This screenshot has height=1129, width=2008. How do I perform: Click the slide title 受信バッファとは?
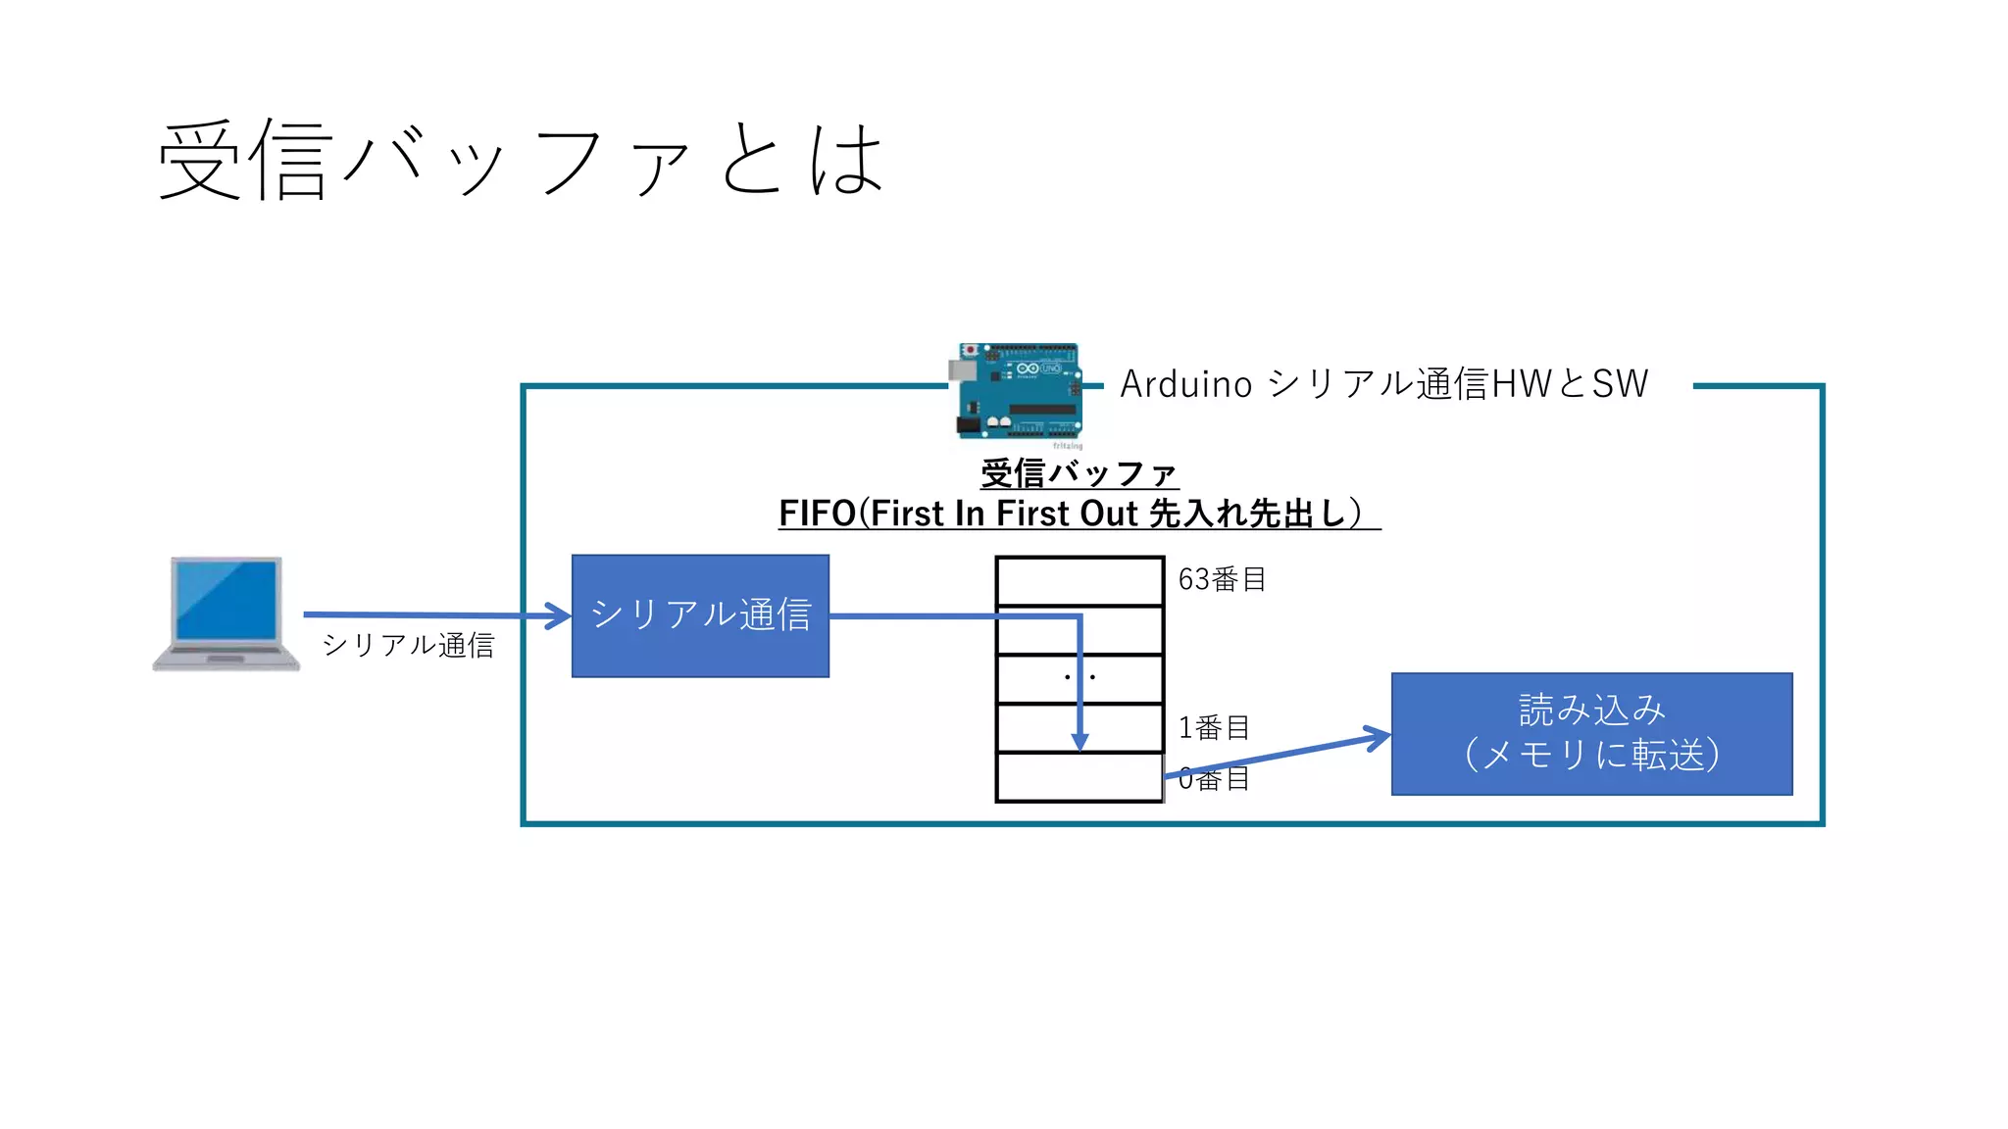(x=520, y=160)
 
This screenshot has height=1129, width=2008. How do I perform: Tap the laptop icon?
(x=226, y=614)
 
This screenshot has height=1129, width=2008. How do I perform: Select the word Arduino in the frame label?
(x=1186, y=384)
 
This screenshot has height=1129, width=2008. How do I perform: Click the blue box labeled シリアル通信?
(x=700, y=616)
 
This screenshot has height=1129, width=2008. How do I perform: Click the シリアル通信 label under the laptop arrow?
(x=408, y=645)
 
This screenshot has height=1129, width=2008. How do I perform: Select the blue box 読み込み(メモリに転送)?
(x=1591, y=733)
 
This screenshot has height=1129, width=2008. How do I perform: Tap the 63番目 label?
(x=1222, y=579)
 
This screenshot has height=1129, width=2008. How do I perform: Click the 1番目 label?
(x=1214, y=728)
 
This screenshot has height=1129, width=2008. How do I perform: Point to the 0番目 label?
(x=1214, y=779)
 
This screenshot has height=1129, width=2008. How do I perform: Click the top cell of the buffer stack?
(x=1079, y=581)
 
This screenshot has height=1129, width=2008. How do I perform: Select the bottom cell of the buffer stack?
(x=1079, y=778)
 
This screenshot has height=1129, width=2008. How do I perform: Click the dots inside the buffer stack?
(x=1079, y=676)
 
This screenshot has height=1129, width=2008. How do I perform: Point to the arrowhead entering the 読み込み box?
(x=1380, y=736)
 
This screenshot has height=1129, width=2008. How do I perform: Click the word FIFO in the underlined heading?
(x=817, y=514)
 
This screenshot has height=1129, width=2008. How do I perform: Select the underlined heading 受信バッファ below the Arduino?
(x=1079, y=473)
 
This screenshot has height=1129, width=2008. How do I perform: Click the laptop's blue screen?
(x=226, y=600)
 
